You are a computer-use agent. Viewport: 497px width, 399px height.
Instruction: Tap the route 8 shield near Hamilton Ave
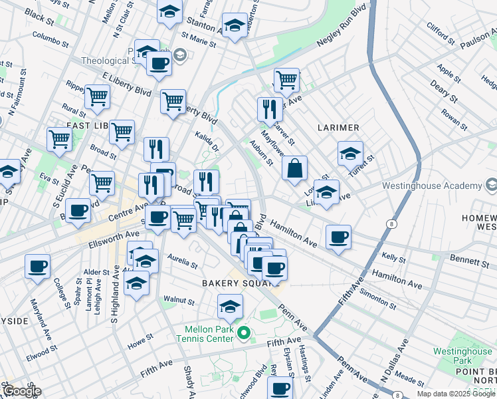(x=393, y=224)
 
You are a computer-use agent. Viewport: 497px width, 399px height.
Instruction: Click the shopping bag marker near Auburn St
(x=294, y=169)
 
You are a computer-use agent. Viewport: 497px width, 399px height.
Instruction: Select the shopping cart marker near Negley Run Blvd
(x=286, y=80)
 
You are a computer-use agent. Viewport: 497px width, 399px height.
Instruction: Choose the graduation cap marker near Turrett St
(x=350, y=154)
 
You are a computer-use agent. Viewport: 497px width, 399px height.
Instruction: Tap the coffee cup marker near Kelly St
(x=338, y=237)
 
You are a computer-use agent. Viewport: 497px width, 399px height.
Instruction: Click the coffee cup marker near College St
(x=38, y=267)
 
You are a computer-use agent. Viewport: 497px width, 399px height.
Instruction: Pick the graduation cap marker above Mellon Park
(x=230, y=307)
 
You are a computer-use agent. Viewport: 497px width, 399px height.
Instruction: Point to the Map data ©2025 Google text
(x=456, y=394)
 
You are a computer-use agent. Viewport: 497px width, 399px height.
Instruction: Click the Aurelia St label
(x=182, y=260)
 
